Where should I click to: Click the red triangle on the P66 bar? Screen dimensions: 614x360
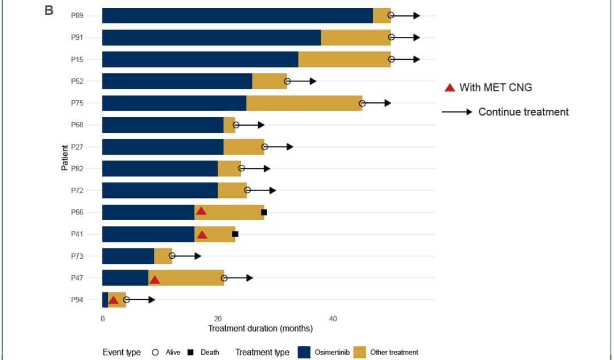(201, 211)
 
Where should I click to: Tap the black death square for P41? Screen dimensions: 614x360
(235, 234)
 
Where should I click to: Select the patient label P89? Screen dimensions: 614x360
(77, 16)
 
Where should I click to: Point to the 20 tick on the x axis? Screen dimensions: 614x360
(218, 319)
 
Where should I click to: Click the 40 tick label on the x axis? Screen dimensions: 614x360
(333, 319)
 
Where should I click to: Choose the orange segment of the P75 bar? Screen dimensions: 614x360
(304, 103)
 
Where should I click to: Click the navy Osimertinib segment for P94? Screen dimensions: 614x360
(105, 300)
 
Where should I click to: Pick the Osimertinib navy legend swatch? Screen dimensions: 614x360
(304, 352)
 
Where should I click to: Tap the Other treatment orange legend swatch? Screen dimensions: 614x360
(359, 352)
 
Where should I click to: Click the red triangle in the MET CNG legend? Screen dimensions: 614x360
(450, 88)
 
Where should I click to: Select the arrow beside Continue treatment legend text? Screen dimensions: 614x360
(457, 112)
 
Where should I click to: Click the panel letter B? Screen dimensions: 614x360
(49, 10)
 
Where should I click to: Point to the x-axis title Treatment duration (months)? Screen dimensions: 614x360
(260, 329)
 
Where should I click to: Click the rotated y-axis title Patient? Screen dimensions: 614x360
(65, 158)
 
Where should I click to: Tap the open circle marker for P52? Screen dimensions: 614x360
(288, 81)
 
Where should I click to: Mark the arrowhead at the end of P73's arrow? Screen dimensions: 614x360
(198, 256)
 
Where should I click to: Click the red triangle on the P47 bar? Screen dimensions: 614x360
(155, 280)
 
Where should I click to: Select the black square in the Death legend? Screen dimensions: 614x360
(190, 352)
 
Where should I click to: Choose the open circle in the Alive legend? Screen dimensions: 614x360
(155, 352)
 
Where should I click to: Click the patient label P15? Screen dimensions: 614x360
(77, 60)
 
